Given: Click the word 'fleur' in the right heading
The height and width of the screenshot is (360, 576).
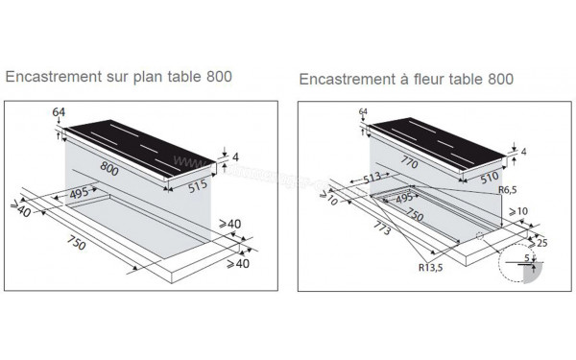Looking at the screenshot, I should click(x=430, y=78).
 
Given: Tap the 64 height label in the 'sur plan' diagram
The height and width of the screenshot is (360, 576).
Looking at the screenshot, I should click(x=59, y=113).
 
